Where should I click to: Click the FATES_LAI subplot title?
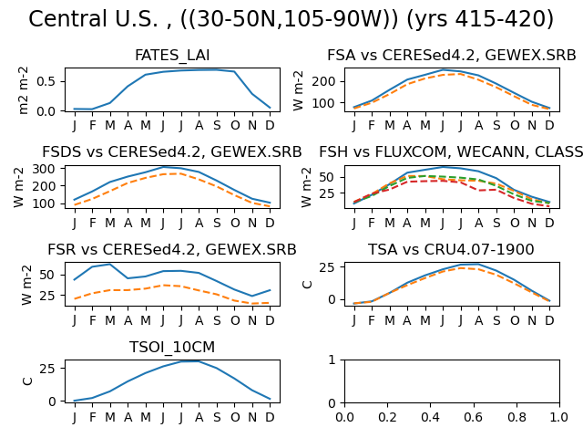tap(172, 56)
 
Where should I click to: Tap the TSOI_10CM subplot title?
tap(172, 347)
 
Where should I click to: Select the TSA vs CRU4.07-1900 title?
tap(451, 249)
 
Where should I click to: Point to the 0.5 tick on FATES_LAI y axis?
tap(46, 81)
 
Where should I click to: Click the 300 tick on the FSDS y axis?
tap(44, 169)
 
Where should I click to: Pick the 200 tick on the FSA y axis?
tap(323, 81)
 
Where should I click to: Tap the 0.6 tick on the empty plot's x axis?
tap(474, 417)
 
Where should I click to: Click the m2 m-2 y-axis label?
tap(23, 90)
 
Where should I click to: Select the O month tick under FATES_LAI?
tap(235, 126)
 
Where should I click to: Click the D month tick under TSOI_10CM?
tap(270, 417)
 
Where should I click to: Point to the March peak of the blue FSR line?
tap(109, 265)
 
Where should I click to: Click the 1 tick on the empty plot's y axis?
tap(332, 360)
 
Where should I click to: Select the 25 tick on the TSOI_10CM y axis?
tap(47, 369)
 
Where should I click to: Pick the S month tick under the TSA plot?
tap(496, 320)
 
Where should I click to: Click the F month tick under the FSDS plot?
tap(93, 223)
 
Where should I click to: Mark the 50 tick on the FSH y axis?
tap(328, 177)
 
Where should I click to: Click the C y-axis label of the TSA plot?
tap(308, 285)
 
